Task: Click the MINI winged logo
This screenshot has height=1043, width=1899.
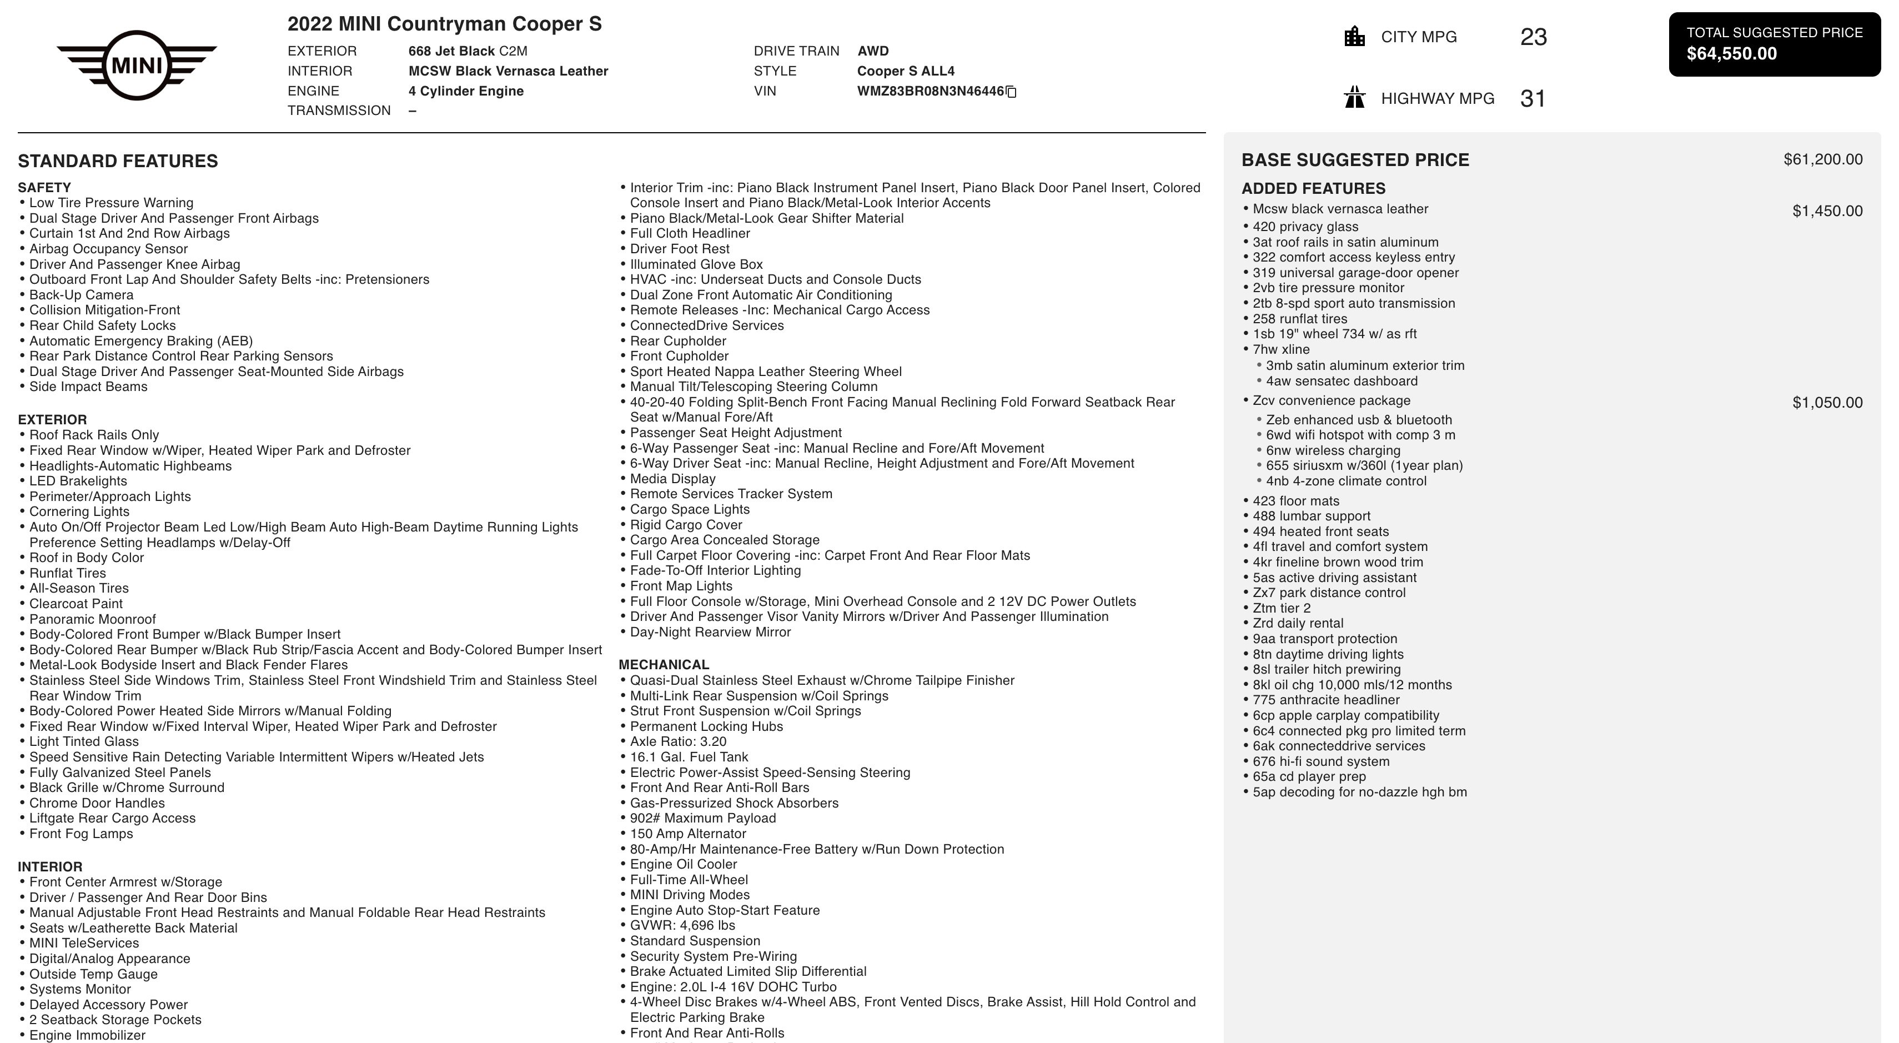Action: pyautogui.click(x=137, y=66)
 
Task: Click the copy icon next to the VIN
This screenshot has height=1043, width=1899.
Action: pyautogui.click(x=1012, y=92)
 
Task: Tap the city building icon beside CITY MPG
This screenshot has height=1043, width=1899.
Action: pyautogui.click(x=1354, y=37)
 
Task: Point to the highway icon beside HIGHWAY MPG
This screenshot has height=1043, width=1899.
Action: pyautogui.click(x=1354, y=98)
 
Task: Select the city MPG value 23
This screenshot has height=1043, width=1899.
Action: pyautogui.click(x=1533, y=37)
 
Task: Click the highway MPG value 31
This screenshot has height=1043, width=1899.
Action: pyautogui.click(x=1533, y=98)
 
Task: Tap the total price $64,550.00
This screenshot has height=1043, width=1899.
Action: pyautogui.click(x=1732, y=54)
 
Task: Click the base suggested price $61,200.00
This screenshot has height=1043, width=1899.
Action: pyautogui.click(x=1822, y=160)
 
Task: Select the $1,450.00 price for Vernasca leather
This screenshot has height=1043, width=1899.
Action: pyautogui.click(x=1827, y=212)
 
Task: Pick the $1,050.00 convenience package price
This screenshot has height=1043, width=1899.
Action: pyautogui.click(x=1827, y=403)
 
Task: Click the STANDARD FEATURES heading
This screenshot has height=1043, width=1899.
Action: pyautogui.click(x=118, y=162)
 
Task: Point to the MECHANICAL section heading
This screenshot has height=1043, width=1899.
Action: pyautogui.click(x=664, y=665)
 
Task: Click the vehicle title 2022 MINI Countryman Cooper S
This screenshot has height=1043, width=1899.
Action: pyautogui.click(x=445, y=24)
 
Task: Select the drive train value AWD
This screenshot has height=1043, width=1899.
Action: pyautogui.click(x=873, y=52)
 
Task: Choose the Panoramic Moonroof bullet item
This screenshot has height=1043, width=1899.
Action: pyautogui.click(x=92, y=619)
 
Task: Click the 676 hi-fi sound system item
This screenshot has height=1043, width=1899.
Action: pyautogui.click(x=1320, y=761)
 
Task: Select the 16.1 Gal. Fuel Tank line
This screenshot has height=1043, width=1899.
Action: pyautogui.click(x=689, y=757)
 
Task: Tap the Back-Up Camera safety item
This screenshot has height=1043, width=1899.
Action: pyautogui.click(x=81, y=295)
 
